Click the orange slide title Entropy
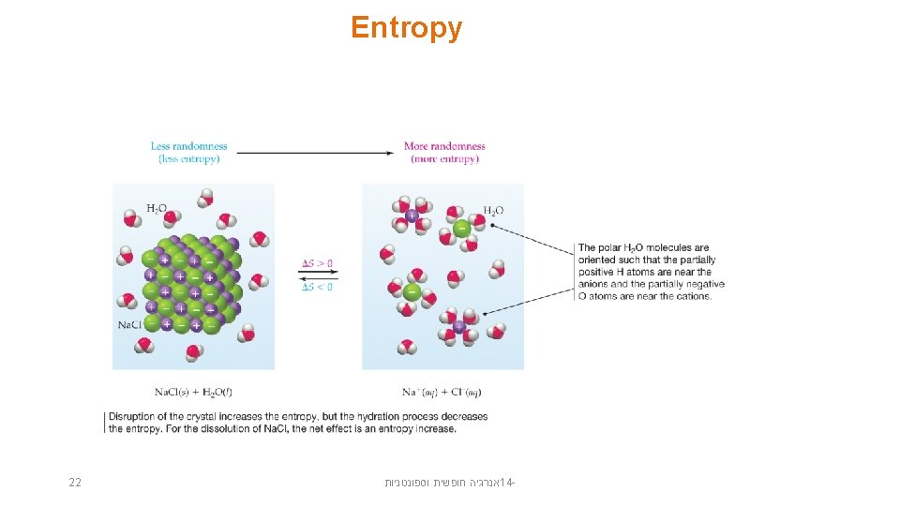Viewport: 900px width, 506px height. pyautogui.click(x=406, y=28)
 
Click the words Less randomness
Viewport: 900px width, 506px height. pyautogui.click(x=188, y=146)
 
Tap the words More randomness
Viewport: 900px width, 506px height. pyautogui.click(x=444, y=146)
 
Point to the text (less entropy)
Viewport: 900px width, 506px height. pyautogui.click(x=188, y=159)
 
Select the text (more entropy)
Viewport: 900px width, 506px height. pyautogui.click(x=444, y=159)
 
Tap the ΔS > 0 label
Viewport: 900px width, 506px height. pyautogui.click(x=317, y=263)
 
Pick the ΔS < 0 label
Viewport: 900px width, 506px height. pyautogui.click(x=317, y=286)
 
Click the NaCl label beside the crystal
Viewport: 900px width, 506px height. pyautogui.click(x=129, y=324)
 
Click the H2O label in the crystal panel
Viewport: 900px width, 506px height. pyautogui.click(x=157, y=208)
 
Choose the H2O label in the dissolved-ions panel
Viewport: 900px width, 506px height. pyautogui.click(x=493, y=211)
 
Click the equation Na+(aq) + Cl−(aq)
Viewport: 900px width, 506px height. pyautogui.click(x=442, y=392)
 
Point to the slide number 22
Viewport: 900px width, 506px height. pyautogui.click(x=75, y=483)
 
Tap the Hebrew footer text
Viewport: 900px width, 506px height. pyautogui.click(x=451, y=483)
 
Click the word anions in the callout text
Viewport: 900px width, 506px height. pyautogui.click(x=595, y=284)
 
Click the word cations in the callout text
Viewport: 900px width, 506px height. pyautogui.click(x=692, y=296)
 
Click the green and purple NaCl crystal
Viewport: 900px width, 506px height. pyautogui.click(x=189, y=284)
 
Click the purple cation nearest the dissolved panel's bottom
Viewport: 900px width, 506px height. pyautogui.click(x=459, y=327)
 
